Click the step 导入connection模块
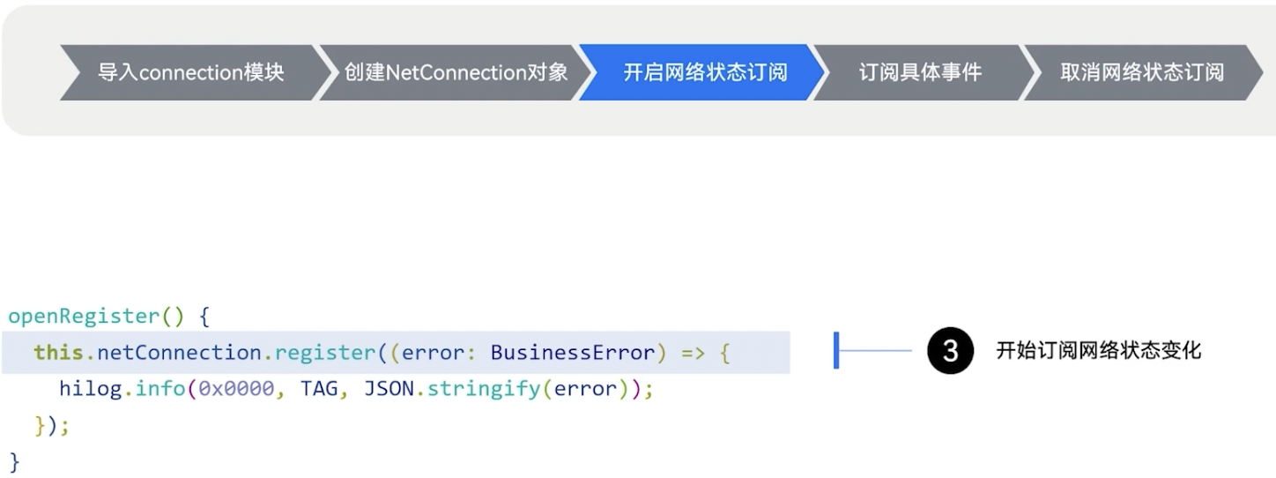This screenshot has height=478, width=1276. (190, 72)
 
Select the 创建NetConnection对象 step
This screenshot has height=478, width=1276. (456, 72)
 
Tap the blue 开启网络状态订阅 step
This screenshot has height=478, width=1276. (704, 72)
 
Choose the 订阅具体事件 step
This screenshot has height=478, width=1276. (920, 72)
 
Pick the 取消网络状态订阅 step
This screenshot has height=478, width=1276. (1142, 72)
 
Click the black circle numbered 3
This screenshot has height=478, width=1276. (950, 351)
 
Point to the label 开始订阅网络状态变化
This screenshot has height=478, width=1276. (1098, 351)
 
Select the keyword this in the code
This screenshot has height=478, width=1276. (59, 353)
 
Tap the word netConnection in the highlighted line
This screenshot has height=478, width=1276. (180, 353)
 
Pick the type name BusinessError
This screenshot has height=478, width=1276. (573, 353)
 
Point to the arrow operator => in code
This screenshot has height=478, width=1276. (694, 353)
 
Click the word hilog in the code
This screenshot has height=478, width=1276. (91, 389)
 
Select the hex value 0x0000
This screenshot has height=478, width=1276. (236, 389)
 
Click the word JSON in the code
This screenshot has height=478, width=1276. (389, 389)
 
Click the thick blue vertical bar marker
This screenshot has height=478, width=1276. (836, 351)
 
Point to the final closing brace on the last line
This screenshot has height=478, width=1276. (14, 462)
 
